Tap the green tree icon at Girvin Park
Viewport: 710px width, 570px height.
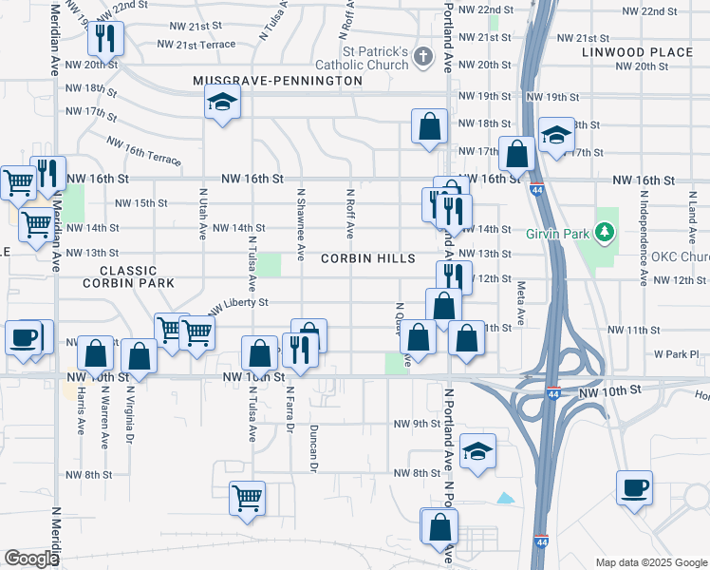601,231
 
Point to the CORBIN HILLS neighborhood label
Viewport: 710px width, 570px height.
367,258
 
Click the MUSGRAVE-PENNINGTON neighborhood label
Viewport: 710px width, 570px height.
277,82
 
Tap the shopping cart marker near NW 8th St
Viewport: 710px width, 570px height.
247,497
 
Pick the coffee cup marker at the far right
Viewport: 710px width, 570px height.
634,487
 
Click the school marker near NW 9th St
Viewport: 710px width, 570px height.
477,450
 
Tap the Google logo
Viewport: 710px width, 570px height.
30,559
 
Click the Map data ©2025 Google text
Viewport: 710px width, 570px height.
651,562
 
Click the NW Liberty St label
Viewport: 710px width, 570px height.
238,305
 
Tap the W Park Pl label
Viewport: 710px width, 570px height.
675,353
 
